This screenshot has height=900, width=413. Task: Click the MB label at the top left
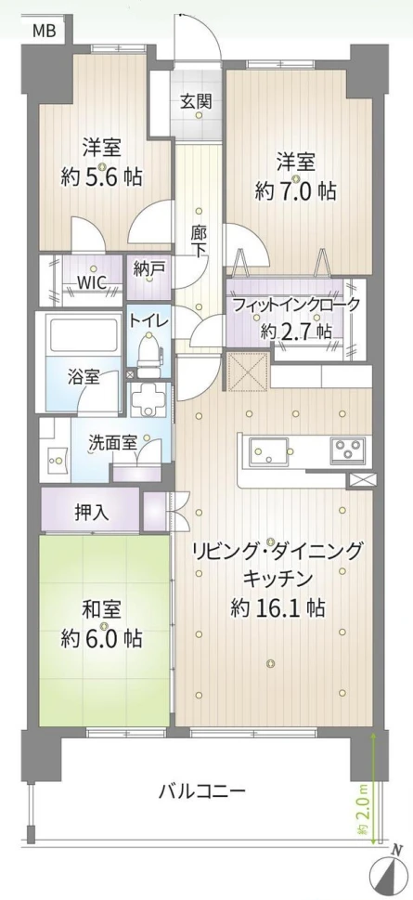coord(44,30)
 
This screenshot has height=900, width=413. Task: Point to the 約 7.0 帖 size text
coord(295,191)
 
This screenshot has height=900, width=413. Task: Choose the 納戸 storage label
coord(148,268)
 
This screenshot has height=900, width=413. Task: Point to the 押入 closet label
coord(92,513)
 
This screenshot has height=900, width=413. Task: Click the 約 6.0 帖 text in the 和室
coord(102,638)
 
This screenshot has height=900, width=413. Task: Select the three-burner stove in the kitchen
coord(347,450)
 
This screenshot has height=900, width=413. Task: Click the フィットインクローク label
coord(296,304)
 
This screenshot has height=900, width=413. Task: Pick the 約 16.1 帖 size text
coord(277,607)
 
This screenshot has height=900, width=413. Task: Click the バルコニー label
coord(202,792)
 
